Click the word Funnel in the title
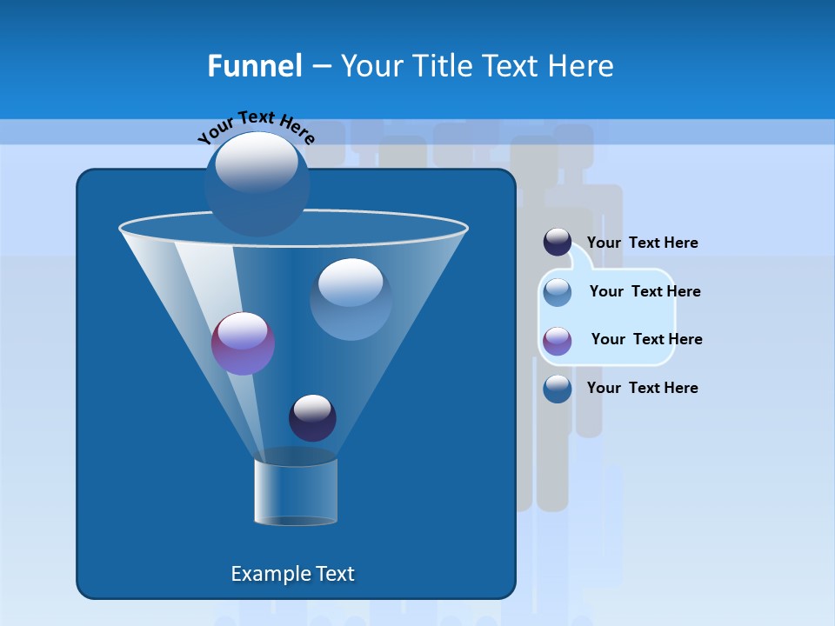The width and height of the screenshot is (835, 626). (x=255, y=66)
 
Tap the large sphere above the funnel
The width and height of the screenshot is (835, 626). (x=257, y=183)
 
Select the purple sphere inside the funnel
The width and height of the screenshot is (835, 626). (x=243, y=343)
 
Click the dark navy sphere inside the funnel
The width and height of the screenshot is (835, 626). (x=312, y=417)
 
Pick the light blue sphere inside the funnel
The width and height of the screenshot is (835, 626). (x=351, y=298)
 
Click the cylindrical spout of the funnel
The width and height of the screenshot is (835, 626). (x=295, y=491)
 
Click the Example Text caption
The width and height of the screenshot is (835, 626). (x=293, y=574)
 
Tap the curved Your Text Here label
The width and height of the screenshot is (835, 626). (x=257, y=127)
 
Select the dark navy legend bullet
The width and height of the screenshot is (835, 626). (x=558, y=243)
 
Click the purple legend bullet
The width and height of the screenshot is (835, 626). (x=558, y=341)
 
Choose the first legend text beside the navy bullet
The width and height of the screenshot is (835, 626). (x=642, y=243)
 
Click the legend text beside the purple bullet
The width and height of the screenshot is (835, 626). (x=646, y=340)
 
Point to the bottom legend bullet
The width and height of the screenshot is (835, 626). (x=558, y=389)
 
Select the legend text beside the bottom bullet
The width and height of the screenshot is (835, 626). (x=642, y=389)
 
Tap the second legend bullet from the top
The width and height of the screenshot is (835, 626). (x=558, y=292)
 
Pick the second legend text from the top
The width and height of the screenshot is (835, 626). (x=645, y=292)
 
